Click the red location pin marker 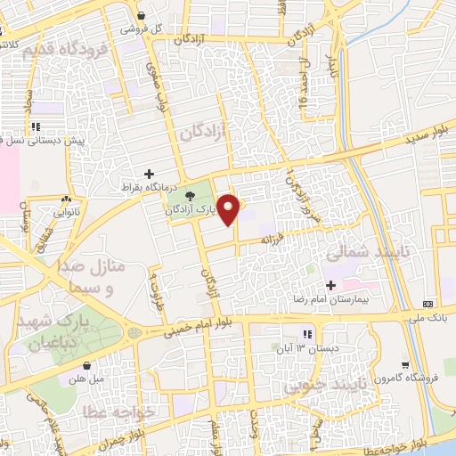[x=230, y=209]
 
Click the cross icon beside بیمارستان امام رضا [x=332, y=286]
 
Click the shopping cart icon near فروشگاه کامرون [x=406, y=363]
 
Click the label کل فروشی [x=168, y=28]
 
